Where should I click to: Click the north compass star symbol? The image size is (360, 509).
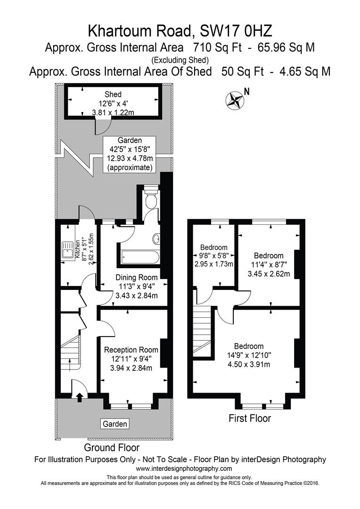click(235, 99)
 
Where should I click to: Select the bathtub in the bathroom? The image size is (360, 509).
click(139, 257)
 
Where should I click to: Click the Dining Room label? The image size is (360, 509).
click(136, 278)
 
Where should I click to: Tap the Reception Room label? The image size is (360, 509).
click(131, 350)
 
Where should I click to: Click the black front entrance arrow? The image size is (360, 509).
click(79, 397)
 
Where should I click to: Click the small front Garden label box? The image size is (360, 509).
click(115, 424)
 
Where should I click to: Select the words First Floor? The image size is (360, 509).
click(249, 418)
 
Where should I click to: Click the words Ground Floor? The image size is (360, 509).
click(112, 447)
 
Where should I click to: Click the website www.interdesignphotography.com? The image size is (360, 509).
click(184, 468)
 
